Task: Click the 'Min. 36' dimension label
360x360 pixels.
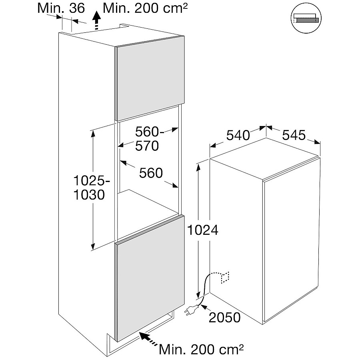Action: click(x=61, y=8)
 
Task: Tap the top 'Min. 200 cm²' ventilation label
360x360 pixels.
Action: click(x=145, y=8)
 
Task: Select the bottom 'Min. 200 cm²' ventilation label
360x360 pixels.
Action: click(x=201, y=349)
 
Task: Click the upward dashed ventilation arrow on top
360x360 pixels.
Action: click(x=97, y=21)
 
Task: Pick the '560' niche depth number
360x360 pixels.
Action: click(x=151, y=173)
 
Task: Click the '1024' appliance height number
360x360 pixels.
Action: click(x=203, y=230)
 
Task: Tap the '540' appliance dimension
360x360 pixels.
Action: click(x=238, y=135)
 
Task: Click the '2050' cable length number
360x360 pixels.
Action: click(x=225, y=318)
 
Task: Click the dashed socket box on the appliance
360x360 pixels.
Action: click(x=225, y=278)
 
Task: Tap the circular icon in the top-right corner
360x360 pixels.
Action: click(x=306, y=18)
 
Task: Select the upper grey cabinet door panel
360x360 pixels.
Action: click(x=150, y=78)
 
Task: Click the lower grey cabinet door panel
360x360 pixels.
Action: click(x=150, y=278)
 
